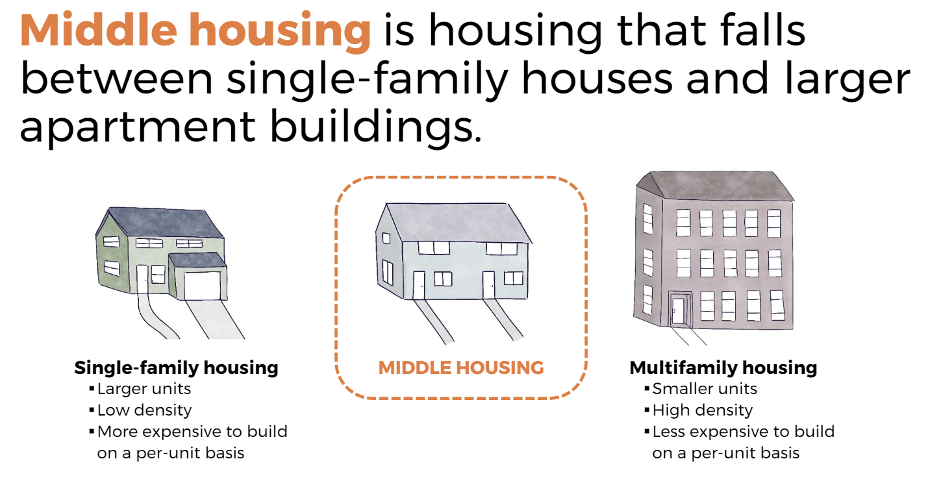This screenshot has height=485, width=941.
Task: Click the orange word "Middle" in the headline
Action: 99,31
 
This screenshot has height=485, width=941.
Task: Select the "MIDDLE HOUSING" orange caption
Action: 461,368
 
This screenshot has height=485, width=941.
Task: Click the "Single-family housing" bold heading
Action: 177,368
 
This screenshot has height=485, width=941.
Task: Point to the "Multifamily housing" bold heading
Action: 723,368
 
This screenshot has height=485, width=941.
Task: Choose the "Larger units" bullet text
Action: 144,390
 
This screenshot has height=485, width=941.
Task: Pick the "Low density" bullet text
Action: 145,410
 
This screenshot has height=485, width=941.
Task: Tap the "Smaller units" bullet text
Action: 705,390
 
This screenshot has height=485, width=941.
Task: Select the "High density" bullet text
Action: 703,410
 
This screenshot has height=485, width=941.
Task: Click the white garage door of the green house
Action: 202,286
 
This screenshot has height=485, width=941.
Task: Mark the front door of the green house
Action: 142,279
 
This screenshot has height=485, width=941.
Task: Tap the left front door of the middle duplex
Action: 419,285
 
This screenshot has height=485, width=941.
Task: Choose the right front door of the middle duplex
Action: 488,285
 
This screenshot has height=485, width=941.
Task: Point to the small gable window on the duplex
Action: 386,238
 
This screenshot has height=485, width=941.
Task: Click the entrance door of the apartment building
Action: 678,310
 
